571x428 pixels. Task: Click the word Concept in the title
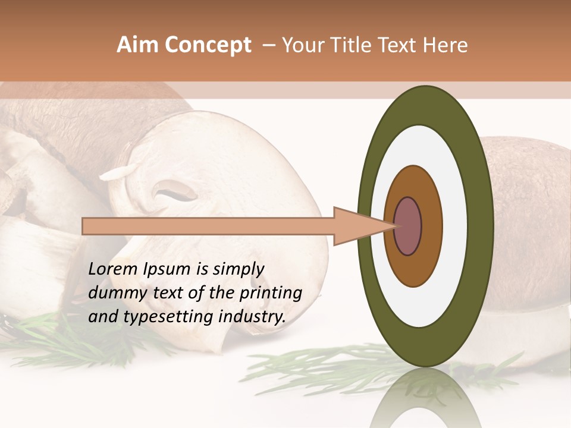pos(207,45)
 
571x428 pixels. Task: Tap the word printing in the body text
pos(271,293)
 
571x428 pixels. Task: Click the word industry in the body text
pos(252,316)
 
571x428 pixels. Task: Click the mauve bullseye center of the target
pos(408,226)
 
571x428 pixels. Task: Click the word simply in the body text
pos(239,269)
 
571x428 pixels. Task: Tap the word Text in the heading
pos(400,45)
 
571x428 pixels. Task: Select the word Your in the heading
pos(303,45)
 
